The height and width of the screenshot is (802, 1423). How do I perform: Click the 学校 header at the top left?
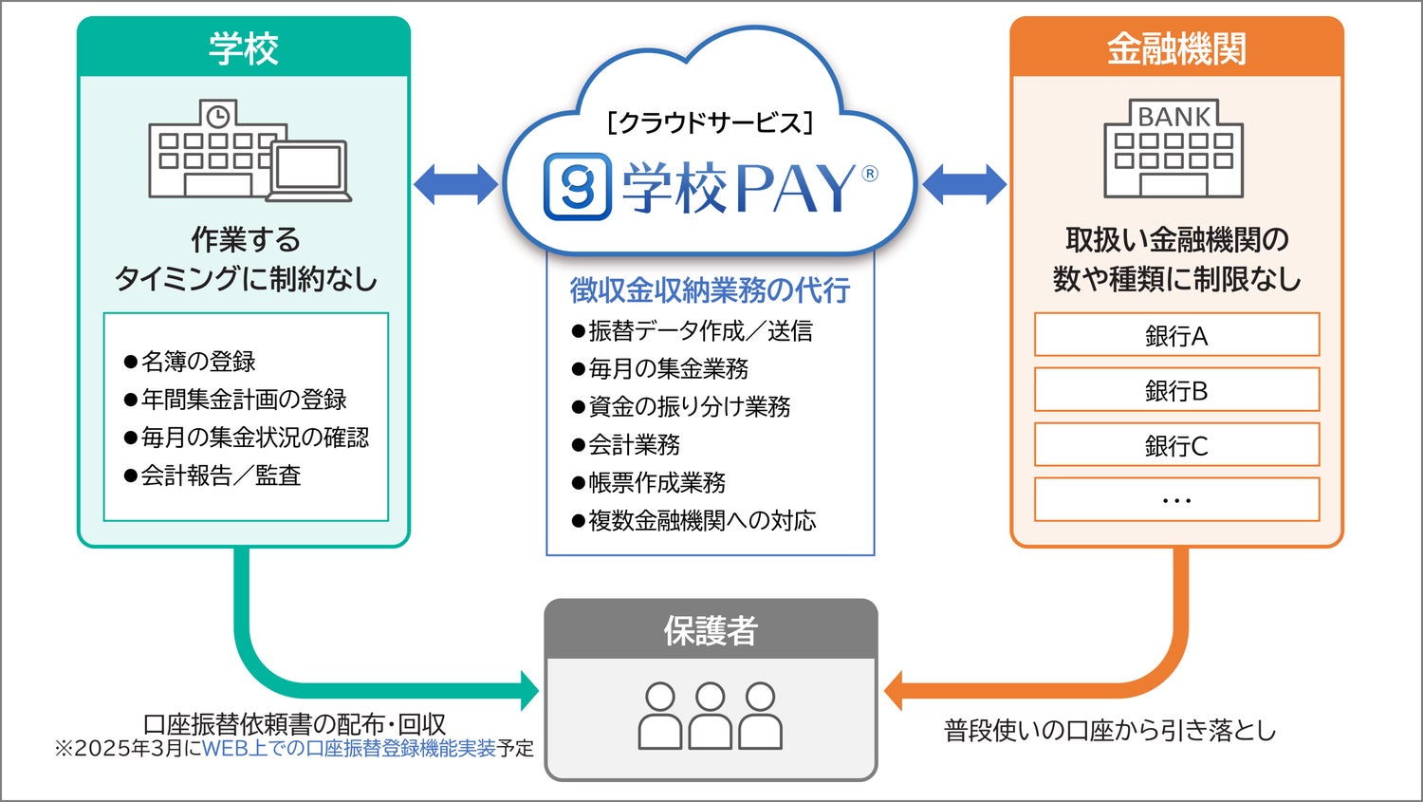[x=244, y=48]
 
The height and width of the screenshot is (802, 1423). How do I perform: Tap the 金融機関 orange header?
[x=1176, y=48]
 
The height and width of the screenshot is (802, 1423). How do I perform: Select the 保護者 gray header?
[x=711, y=630]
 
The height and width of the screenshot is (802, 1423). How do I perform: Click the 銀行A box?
[x=1176, y=335]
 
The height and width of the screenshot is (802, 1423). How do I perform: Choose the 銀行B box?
[x=1176, y=390]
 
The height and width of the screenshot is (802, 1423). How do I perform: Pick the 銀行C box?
[x=1176, y=445]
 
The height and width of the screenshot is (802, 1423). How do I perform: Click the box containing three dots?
[x=1176, y=500]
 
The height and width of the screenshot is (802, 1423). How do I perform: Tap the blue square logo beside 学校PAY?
[x=577, y=187]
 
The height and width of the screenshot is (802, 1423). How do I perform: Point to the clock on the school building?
[x=218, y=117]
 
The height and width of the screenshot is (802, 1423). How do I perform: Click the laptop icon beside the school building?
[x=309, y=171]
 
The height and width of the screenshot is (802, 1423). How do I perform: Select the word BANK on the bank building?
[x=1174, y=117]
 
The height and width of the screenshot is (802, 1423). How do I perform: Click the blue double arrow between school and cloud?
[x=455, y=184]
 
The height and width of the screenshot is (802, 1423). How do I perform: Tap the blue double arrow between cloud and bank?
[x=964, y=184]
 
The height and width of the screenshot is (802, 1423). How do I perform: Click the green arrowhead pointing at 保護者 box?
[x=528, y=690]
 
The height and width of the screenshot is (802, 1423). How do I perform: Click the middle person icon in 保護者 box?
[x=711, y=717]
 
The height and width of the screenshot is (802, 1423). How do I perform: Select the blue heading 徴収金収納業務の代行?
[x=710, y=290]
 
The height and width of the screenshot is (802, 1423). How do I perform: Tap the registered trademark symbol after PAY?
[x=870, y=174]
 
